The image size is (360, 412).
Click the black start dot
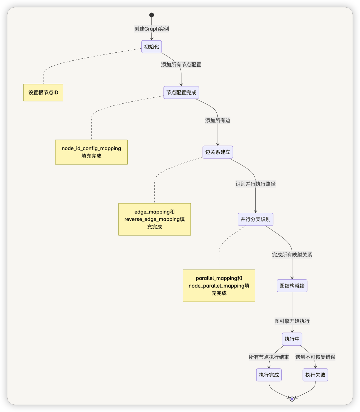[x=152, y=15]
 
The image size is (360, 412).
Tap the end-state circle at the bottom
[x=292, y=399]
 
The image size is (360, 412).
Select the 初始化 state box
[x=152, y=46]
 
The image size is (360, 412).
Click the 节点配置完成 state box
[x=181, y=92]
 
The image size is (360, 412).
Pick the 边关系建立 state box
[x=218, y=152]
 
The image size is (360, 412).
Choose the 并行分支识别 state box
[x=255, y=219]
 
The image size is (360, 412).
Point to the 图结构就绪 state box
[x=292, y=286]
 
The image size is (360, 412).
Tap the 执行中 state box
[x=292, y=339]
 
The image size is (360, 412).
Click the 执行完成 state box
[x=269, y=375]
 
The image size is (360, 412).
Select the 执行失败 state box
[x=315, y=375]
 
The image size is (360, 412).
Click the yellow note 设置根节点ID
[x=43, y=92]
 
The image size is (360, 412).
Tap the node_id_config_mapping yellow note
[x=91, y=152]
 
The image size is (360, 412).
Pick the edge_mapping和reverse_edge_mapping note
[x=155, y=219]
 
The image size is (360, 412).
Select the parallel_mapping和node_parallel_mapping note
[x=219, y=286]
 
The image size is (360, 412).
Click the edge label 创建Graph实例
[x=152, y=29]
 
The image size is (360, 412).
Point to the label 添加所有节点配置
[x=181, y=65]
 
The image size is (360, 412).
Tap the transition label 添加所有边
[x=218, y=120]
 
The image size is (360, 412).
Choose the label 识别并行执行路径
[x=255, y=184]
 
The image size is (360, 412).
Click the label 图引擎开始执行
[x=292, y=321]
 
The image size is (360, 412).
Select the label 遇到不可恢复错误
[x=315, y=357]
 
